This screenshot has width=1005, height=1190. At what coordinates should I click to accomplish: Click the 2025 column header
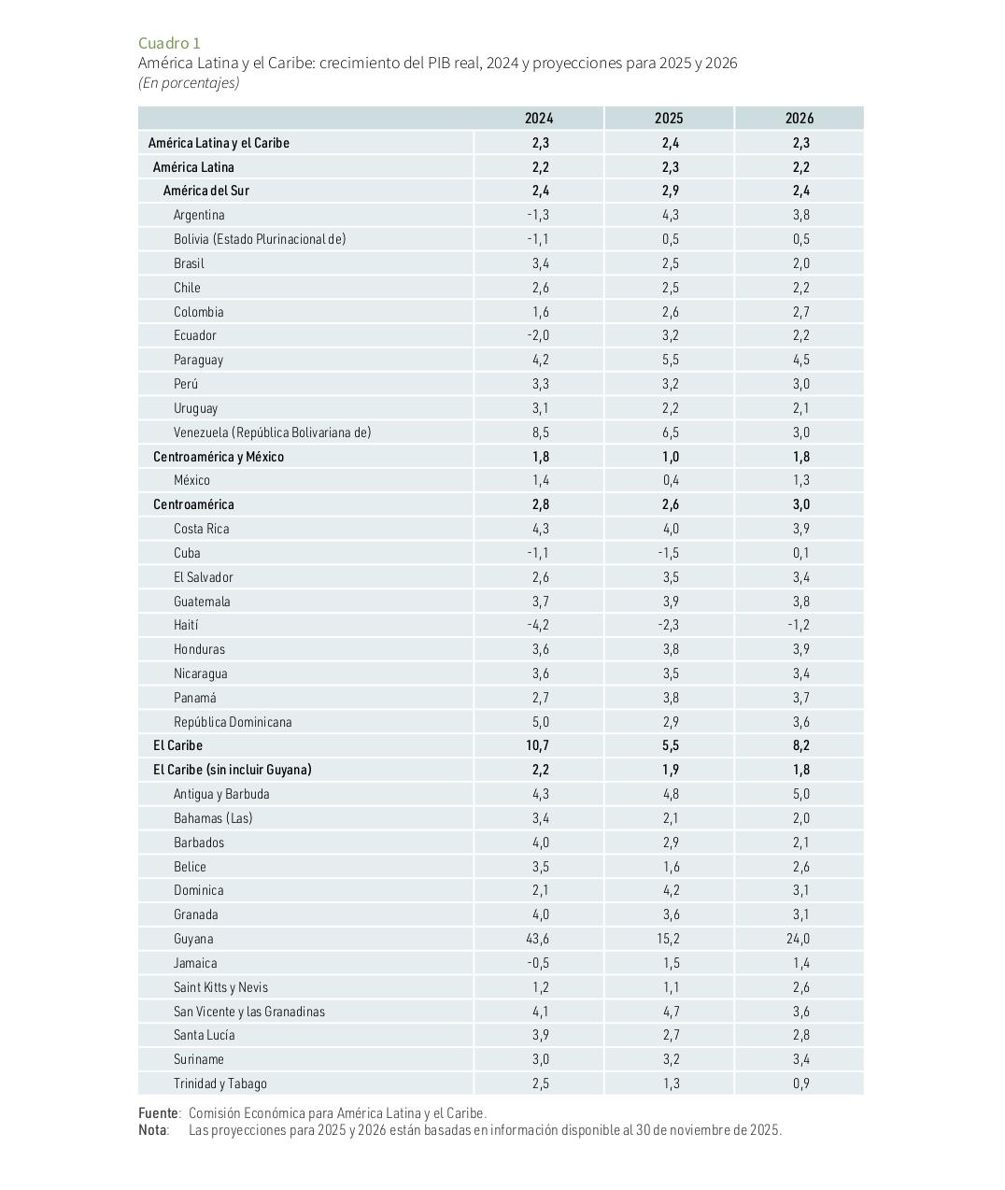point(669,118)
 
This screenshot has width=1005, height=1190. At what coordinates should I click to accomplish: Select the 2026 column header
point(800,118)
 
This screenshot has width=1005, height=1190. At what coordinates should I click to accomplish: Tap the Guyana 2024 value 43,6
point(538,939)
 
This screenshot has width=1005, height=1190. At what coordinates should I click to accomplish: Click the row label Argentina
point(199,215)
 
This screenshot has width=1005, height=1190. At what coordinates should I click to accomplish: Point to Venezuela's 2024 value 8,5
point(540,432)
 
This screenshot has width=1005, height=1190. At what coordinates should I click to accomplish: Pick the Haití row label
point(186,625)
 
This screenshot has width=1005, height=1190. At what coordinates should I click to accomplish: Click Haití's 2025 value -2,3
point(668,625)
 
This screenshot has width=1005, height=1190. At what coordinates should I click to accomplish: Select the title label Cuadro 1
point(169,43)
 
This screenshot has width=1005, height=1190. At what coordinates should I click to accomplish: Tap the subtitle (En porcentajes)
point(189,82)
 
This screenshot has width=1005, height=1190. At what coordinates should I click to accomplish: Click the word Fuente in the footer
point(158,1113)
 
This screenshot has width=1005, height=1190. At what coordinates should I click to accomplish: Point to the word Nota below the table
point(152,1130)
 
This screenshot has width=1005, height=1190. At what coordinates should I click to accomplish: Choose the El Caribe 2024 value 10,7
point(538,745)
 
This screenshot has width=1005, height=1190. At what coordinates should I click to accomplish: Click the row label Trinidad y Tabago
point(220,1084)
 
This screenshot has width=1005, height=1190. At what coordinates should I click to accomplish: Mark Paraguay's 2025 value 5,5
point(670,360)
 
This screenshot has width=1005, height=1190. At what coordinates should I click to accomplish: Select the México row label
point(191,480)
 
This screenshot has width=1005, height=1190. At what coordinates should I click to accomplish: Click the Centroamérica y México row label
point(219,457)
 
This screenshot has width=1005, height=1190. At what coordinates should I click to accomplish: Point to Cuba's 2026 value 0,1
point(800,553)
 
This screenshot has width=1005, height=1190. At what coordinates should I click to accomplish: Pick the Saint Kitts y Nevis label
point(220,987)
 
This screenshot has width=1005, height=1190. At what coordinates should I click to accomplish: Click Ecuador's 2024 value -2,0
point(538,335)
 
